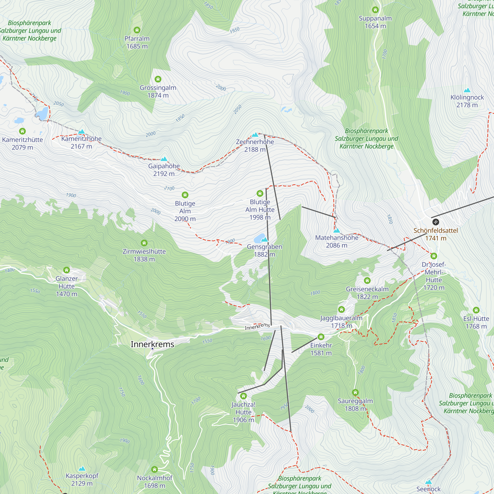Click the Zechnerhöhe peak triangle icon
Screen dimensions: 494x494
tap(255, 135)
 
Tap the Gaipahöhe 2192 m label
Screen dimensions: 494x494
tap(164, 170)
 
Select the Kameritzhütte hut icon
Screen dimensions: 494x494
tap(22, 131)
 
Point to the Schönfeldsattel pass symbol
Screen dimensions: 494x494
tap(436, 222)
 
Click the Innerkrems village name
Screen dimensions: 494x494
tap(152, 344)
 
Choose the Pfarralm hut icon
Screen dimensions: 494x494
tap(137, 30)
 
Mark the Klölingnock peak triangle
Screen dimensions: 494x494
tap(467, 90)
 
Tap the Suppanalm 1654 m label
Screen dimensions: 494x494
tap(375, 22)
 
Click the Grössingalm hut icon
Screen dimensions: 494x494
tap(158, 79)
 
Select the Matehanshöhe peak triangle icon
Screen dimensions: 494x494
tap(337, 230)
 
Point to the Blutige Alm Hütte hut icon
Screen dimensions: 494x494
tap(260, 193)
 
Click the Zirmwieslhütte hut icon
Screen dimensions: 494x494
tap(144, 243)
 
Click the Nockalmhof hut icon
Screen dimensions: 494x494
tap(154, 469)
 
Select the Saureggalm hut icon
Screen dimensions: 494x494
tap(355, 392)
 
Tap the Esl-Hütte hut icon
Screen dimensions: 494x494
tap(476, 310)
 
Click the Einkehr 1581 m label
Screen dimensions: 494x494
tap(321, 349)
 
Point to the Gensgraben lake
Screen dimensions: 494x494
tap(259, 238)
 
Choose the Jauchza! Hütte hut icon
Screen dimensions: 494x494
tap(244, 396)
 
